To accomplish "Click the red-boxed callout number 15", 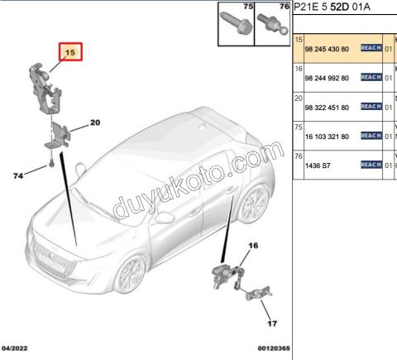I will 70,52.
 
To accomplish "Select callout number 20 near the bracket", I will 94,122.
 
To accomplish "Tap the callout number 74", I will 18,175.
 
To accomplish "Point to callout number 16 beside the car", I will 253,245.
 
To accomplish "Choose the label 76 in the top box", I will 284,7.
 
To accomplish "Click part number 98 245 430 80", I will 328,49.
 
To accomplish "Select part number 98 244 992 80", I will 328,79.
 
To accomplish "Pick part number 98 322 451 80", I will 328,108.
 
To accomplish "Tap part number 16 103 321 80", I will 328,137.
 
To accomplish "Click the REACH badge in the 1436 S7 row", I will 371,166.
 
